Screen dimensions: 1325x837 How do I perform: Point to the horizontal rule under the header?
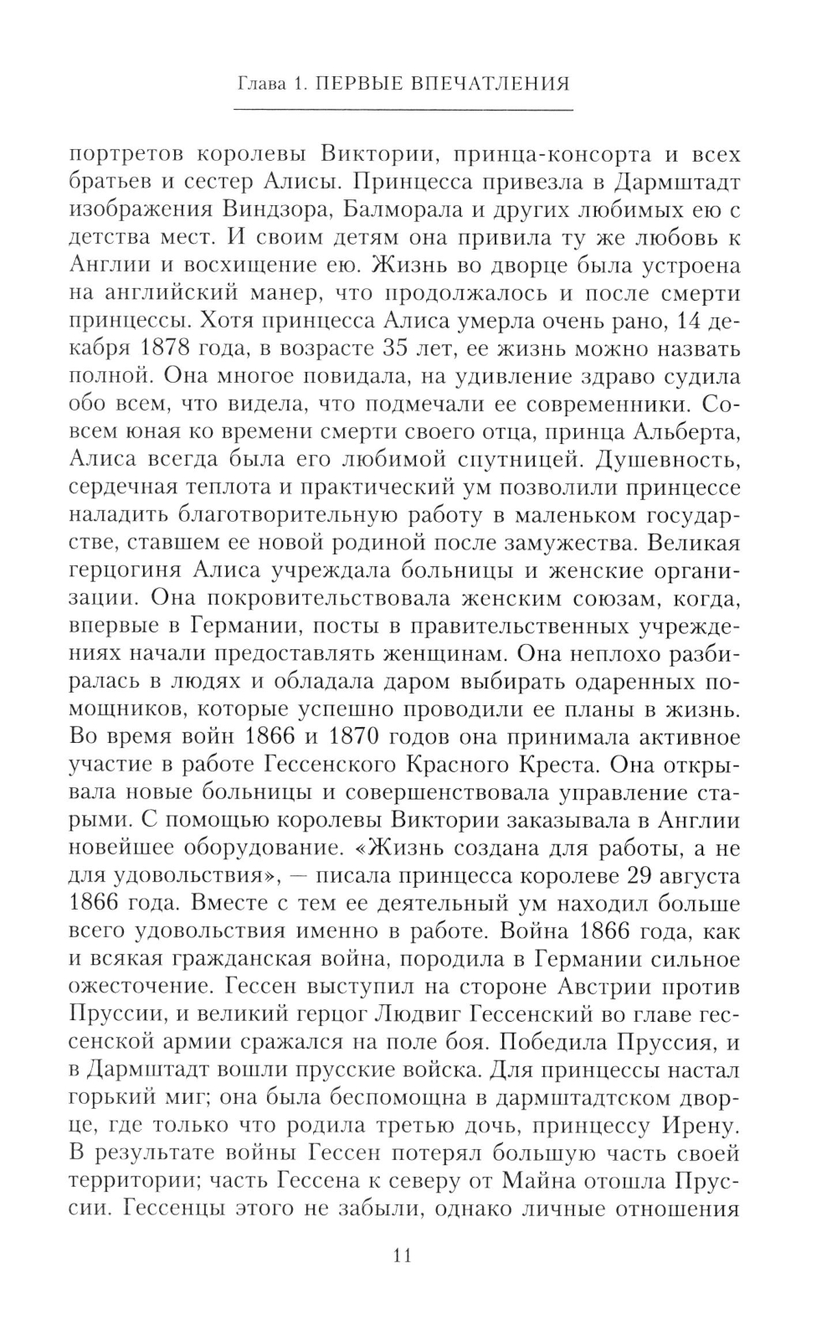click(x=402, y=110)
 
